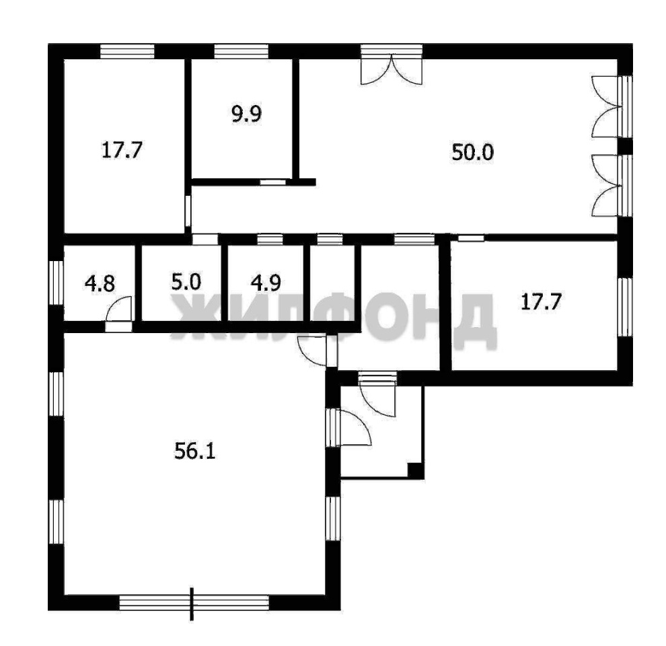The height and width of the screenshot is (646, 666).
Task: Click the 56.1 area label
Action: tap(195, 451)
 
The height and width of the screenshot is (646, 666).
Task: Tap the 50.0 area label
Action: tap(472, 152)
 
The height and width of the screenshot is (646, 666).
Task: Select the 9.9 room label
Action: tap(246, 114)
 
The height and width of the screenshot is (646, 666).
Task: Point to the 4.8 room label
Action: tap(100, 283)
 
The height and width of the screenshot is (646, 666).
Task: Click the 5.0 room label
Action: tap(186, 282)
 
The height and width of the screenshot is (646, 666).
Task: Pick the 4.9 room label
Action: tap(266, 283)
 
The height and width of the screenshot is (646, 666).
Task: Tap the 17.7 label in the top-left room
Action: tap(122, 150)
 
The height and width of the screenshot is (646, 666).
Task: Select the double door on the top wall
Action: tap(392, 65)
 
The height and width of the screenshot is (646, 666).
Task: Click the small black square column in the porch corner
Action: tap(415, 470)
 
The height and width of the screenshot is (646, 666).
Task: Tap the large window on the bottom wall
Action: tap(194, 602)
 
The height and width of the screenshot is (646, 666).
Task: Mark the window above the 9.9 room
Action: tap(242, 51)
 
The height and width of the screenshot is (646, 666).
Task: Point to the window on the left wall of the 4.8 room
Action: tap(56, 283)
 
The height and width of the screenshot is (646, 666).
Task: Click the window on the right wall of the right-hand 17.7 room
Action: tap(625, 307)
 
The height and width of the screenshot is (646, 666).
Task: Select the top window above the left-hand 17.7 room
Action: tap(127, 51)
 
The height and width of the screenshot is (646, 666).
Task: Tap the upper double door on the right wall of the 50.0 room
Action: tap(612, 106)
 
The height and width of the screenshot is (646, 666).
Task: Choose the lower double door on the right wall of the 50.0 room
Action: tap(612, 186)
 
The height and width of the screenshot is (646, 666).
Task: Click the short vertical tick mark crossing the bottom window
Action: tap(192, 604)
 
